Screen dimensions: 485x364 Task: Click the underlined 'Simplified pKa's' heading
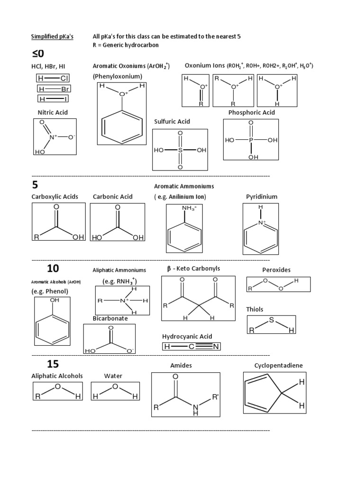coord(52,36)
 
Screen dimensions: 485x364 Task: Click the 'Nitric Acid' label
coord(53,112)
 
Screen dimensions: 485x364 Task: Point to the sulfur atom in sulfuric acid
coord(180,150)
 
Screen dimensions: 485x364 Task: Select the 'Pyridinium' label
coord(262,196)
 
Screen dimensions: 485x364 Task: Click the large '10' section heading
coord(53,269)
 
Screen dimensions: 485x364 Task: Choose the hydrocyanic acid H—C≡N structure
coord(191,347)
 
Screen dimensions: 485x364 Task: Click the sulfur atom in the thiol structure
coord(272,321)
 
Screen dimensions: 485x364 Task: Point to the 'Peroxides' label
coord(276,270)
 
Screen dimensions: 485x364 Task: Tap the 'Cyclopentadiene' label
coord(278,366)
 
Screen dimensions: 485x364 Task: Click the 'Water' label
coord(113,376)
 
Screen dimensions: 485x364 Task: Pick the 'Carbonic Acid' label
coord(113,196)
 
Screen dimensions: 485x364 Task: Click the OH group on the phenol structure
coord(55,300)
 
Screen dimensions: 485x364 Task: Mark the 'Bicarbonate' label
coord(110,318)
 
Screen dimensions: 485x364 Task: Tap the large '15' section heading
coord(53,364)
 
